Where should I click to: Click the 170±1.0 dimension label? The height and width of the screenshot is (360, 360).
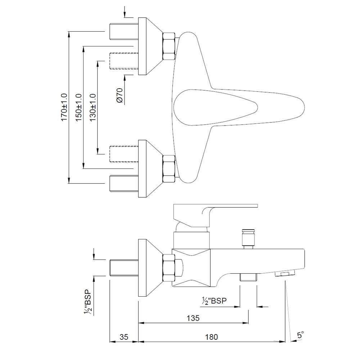[64, 107]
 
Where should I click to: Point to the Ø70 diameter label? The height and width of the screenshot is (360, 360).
[120, 96]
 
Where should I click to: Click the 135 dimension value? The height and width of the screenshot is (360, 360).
[193, 318]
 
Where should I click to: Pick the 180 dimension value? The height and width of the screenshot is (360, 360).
[212, 337]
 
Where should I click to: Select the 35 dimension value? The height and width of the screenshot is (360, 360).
[124, 337]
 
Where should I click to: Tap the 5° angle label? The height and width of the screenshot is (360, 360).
[300, 335]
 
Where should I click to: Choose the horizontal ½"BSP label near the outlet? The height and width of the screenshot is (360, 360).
[215, 301]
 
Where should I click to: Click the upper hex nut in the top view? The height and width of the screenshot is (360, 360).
[169, 46]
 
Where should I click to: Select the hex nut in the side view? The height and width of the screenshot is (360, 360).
[169, 267]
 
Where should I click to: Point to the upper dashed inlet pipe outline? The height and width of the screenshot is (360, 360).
[123, 61]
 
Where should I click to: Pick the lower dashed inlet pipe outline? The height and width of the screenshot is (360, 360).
[123, 154]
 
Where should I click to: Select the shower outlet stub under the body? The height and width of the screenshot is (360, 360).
[248, 277]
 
